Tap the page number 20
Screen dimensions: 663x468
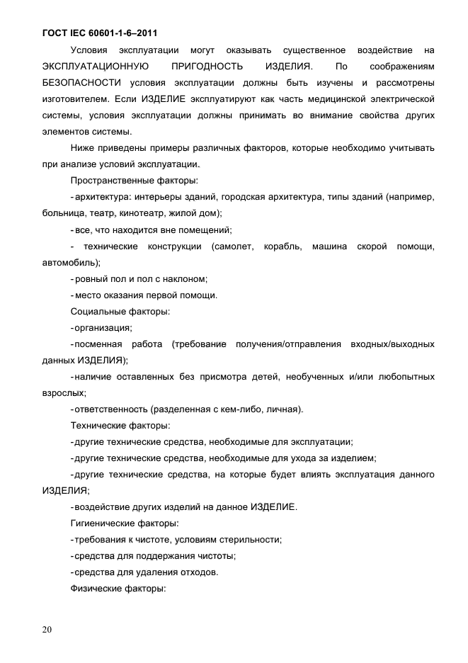click(x=47, y=630)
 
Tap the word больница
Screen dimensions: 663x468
click(x=64, y=212)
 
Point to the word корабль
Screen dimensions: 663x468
click(x=291, y=246)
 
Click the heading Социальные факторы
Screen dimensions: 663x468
click(x=120, y=311)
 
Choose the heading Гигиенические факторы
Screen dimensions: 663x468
click(x=124, y=523)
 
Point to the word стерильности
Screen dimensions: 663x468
click(x=252, y=540)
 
